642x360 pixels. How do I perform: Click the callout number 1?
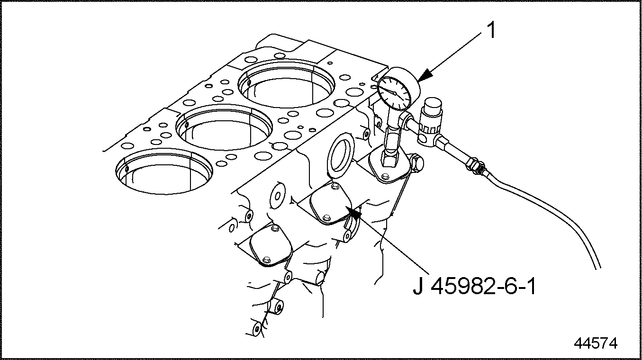point(491,31)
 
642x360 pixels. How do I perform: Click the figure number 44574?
point(596,343)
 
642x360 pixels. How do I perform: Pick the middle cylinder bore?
point(224,128)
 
